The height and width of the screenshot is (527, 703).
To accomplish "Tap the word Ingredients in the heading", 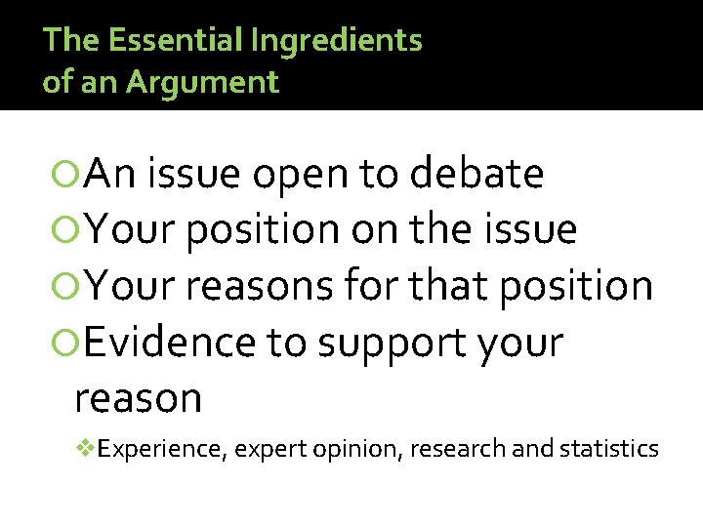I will click(337, 40).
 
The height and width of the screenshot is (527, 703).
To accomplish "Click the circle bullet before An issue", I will click(67, 175).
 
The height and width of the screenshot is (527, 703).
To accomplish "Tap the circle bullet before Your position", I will click(67, 230).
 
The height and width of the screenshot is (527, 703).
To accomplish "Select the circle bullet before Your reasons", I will click(67, 286).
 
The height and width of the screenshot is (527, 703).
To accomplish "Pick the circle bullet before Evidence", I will click(67, 343).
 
